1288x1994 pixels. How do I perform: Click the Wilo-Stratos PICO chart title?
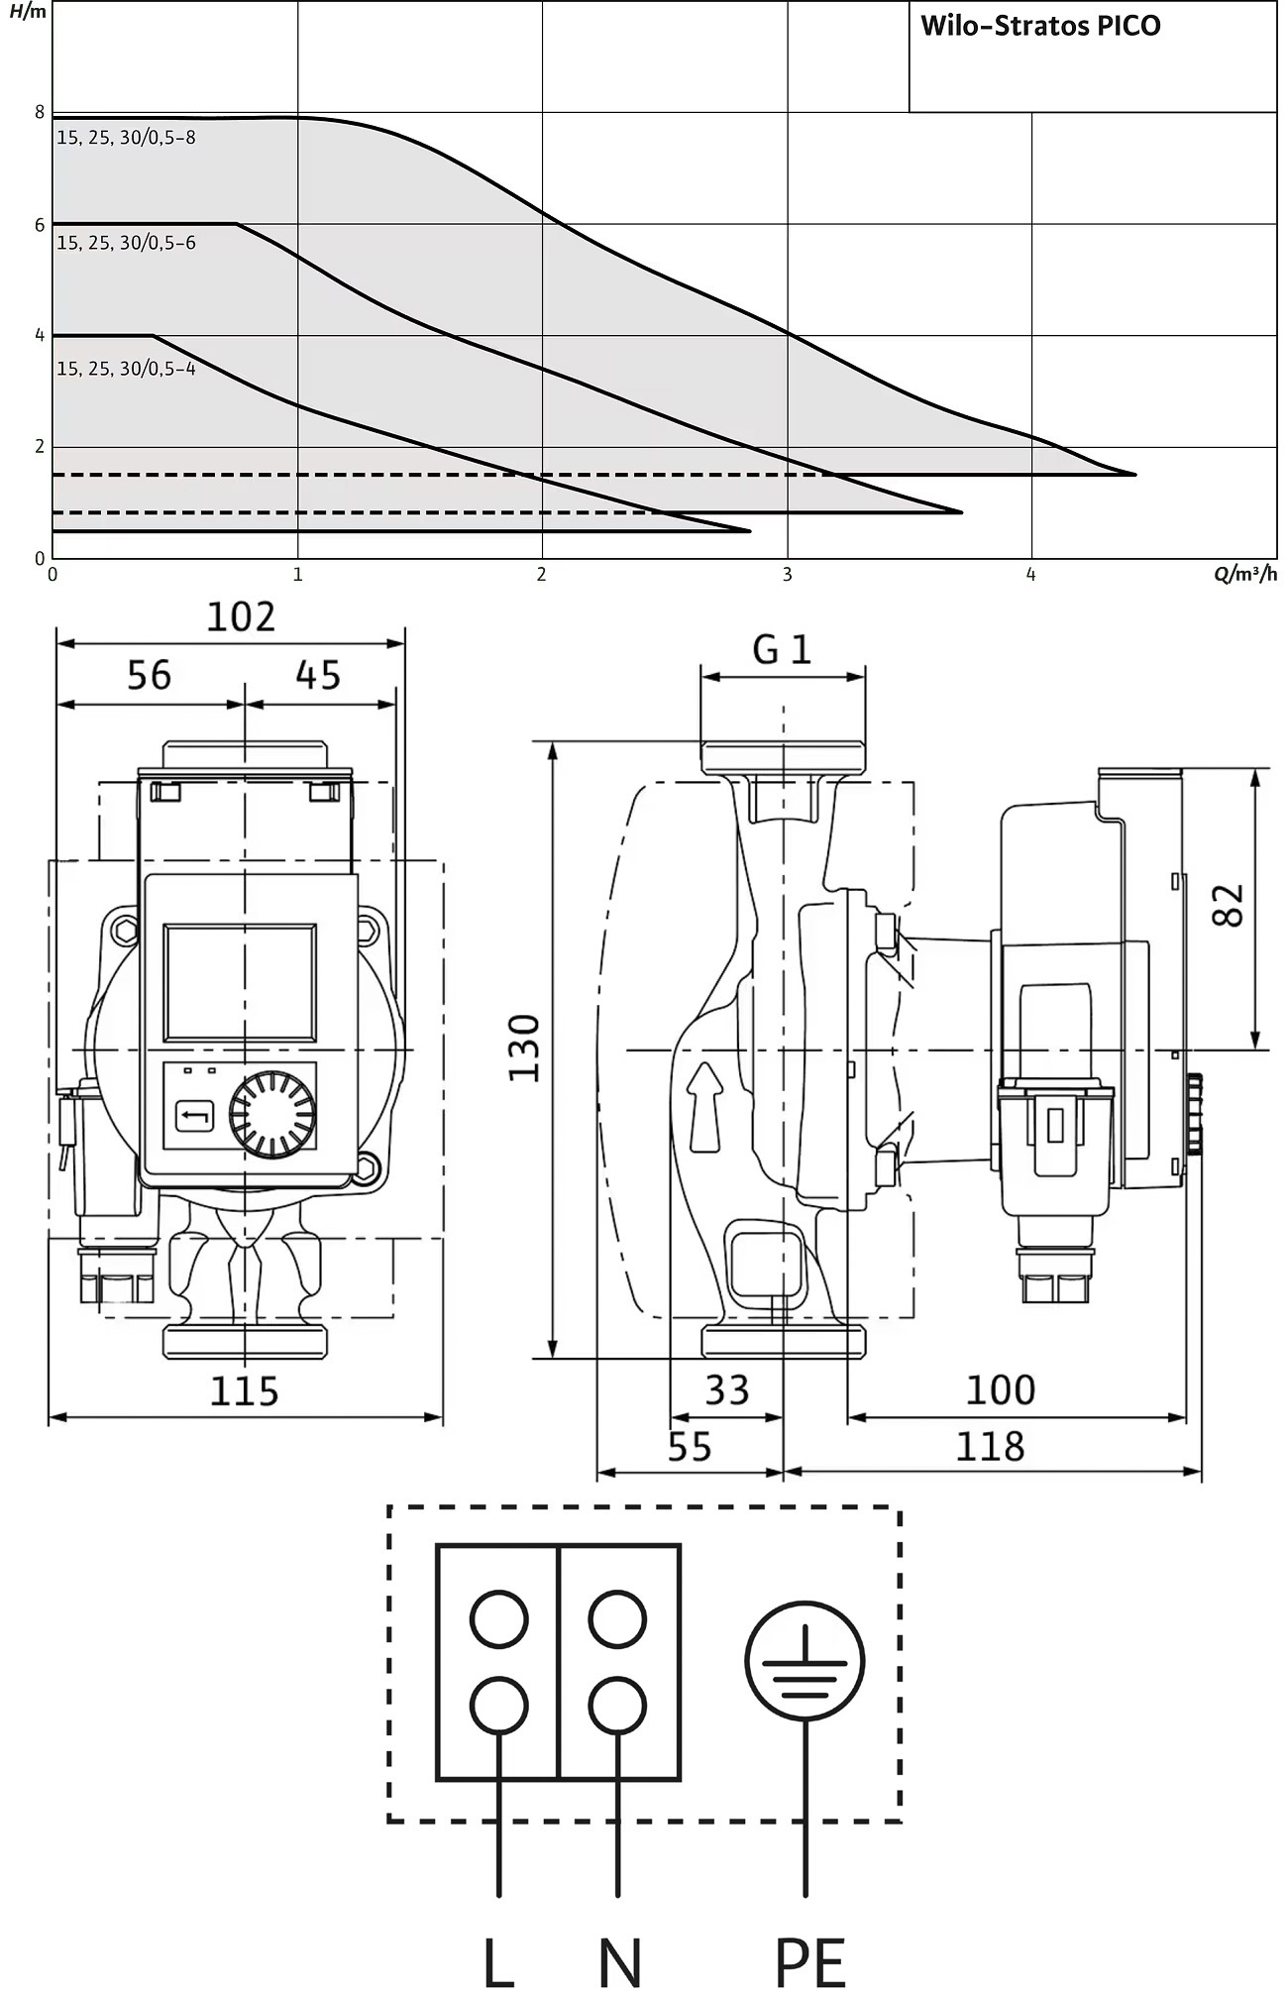coord(1040,26)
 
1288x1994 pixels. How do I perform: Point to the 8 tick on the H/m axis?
coord(41,113)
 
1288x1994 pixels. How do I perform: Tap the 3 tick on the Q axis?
coord(788,575)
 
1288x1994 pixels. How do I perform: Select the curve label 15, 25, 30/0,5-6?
coord(126,243)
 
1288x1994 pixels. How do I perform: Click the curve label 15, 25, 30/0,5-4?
coord(126,369)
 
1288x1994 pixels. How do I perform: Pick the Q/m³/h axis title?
coord(1245,574)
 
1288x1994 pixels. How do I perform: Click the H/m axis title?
coord(27,12)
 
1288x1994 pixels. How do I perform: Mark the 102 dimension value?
coord(240,617)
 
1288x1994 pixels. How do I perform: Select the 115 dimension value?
coord(244,1391)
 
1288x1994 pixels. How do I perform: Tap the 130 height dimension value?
coord(524,1049)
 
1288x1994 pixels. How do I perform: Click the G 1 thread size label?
coord(782,650)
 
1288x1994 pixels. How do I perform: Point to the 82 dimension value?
coord(1228,905)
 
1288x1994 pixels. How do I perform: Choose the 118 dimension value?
coord(990,1447)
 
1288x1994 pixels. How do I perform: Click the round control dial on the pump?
coord(272,1113)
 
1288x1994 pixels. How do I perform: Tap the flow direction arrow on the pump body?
coord(703,1107)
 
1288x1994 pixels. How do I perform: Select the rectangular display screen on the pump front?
coord(240,982)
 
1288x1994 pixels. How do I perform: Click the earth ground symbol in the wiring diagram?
coord(805,1662)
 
